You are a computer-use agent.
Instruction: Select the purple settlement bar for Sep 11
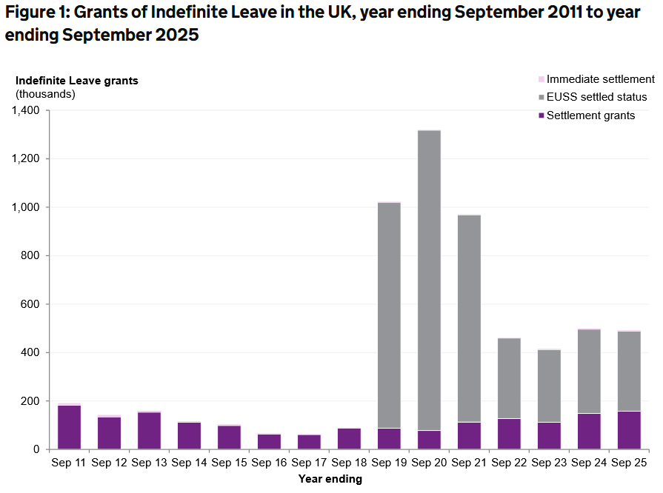[x=70, y=427]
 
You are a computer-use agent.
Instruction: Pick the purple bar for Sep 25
[x=630, y=430]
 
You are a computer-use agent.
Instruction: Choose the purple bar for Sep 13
[x=150, y=431]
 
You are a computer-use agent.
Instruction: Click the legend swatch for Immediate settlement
[x=541, y=79]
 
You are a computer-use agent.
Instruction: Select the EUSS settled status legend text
[x=596, y=97]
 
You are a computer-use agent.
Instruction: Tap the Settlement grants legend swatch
[x=541, y=115]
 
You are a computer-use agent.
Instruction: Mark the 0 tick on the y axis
[x=36, y=449]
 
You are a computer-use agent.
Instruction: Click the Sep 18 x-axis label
[x=350, y=463]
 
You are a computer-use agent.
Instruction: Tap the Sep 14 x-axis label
[x=190, y=463]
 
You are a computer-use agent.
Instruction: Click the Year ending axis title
[x=330, y=479]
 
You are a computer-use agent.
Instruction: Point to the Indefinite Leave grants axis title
[x=77, y=81]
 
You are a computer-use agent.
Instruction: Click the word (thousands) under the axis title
[x=45, y=94]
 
